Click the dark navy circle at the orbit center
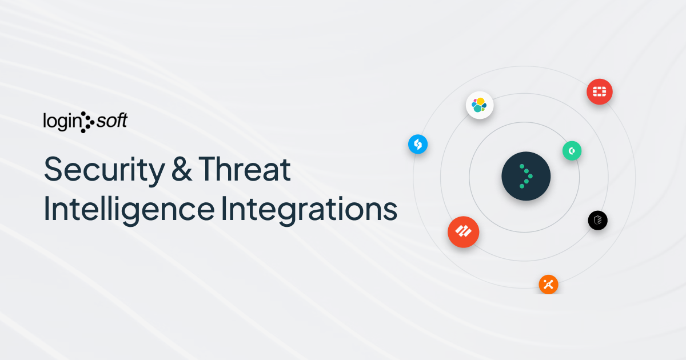pos(526,176)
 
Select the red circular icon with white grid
pos(599,91)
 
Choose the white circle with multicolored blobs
pos(479,105)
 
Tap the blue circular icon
pos(418,144)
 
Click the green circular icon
pos(572,151)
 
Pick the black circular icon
pos(597,221)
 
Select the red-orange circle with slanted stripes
pos(463,231)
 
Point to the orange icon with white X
pos(548,285)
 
